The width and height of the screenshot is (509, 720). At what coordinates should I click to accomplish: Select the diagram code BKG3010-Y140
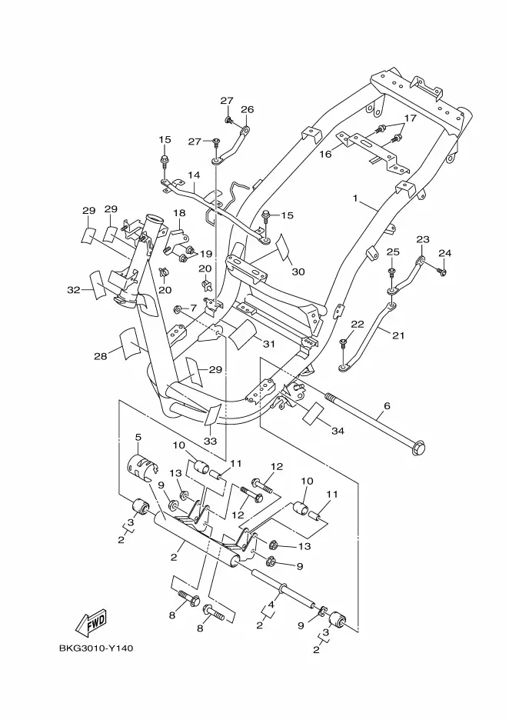(x=96, y=648)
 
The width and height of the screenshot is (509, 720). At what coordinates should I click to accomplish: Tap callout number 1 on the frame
(x=354, y=198)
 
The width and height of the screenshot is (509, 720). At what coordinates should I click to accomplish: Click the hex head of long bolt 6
(x=419, y=448)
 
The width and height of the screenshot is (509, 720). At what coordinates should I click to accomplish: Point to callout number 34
(x=338, y=431)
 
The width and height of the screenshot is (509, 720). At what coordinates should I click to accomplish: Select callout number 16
(x=325, y=154)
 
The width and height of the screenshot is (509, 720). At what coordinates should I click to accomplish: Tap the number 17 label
(x=410, y=118)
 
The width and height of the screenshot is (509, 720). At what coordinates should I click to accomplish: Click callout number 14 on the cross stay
(x=195, y=175)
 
